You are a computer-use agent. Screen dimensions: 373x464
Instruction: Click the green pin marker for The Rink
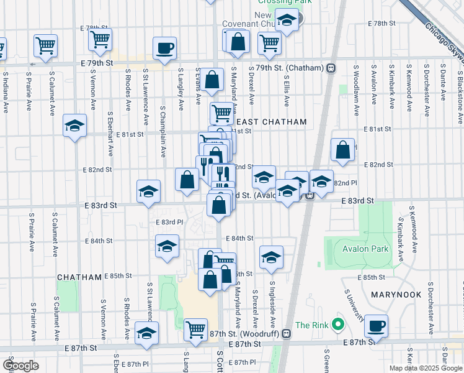[x=337, y=325]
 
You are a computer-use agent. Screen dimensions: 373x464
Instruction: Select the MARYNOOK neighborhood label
[x=396, y=295]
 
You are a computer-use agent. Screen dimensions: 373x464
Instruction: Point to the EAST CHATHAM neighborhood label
[x=270, y=122]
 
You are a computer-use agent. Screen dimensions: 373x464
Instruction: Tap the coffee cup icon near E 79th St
[x=164, y=48]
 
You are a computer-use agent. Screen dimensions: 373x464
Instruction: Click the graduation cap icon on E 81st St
[x=74, y=126]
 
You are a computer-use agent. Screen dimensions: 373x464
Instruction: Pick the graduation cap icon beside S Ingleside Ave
[x=271, y=256]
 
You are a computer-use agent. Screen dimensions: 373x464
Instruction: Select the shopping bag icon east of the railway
[x=343, y=149]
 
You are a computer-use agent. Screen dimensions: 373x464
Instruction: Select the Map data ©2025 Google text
[x=426, y=368]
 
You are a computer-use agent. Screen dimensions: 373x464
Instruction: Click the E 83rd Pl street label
[x=169, y=221]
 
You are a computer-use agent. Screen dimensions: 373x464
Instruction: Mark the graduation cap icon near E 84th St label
[x=167, y=246]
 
